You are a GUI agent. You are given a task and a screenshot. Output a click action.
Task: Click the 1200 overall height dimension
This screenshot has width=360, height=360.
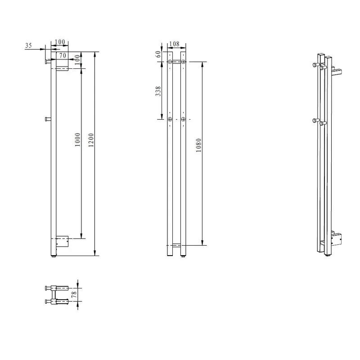(x=91, y=140)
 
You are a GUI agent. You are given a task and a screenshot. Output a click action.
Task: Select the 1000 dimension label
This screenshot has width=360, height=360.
(x=78, y=139)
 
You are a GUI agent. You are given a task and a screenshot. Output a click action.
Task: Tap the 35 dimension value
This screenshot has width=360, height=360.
(x=28, y=45)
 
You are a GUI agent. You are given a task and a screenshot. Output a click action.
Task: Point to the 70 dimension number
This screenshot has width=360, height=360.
(x=63, y=55)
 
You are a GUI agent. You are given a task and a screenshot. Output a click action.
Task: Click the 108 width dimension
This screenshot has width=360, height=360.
(x=174, y=44)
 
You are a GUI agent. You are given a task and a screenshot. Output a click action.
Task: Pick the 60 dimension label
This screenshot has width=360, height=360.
(x=158, y=54)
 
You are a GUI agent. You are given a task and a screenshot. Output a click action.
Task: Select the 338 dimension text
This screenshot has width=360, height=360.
(x=158, y=91)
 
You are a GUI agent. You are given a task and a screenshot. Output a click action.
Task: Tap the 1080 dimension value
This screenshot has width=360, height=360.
(x=198, y=145)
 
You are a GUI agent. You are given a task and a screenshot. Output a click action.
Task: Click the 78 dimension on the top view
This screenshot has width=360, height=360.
(x=74, y=295)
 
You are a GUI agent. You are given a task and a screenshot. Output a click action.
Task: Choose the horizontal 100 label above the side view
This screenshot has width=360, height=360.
(x=60, y=42)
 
